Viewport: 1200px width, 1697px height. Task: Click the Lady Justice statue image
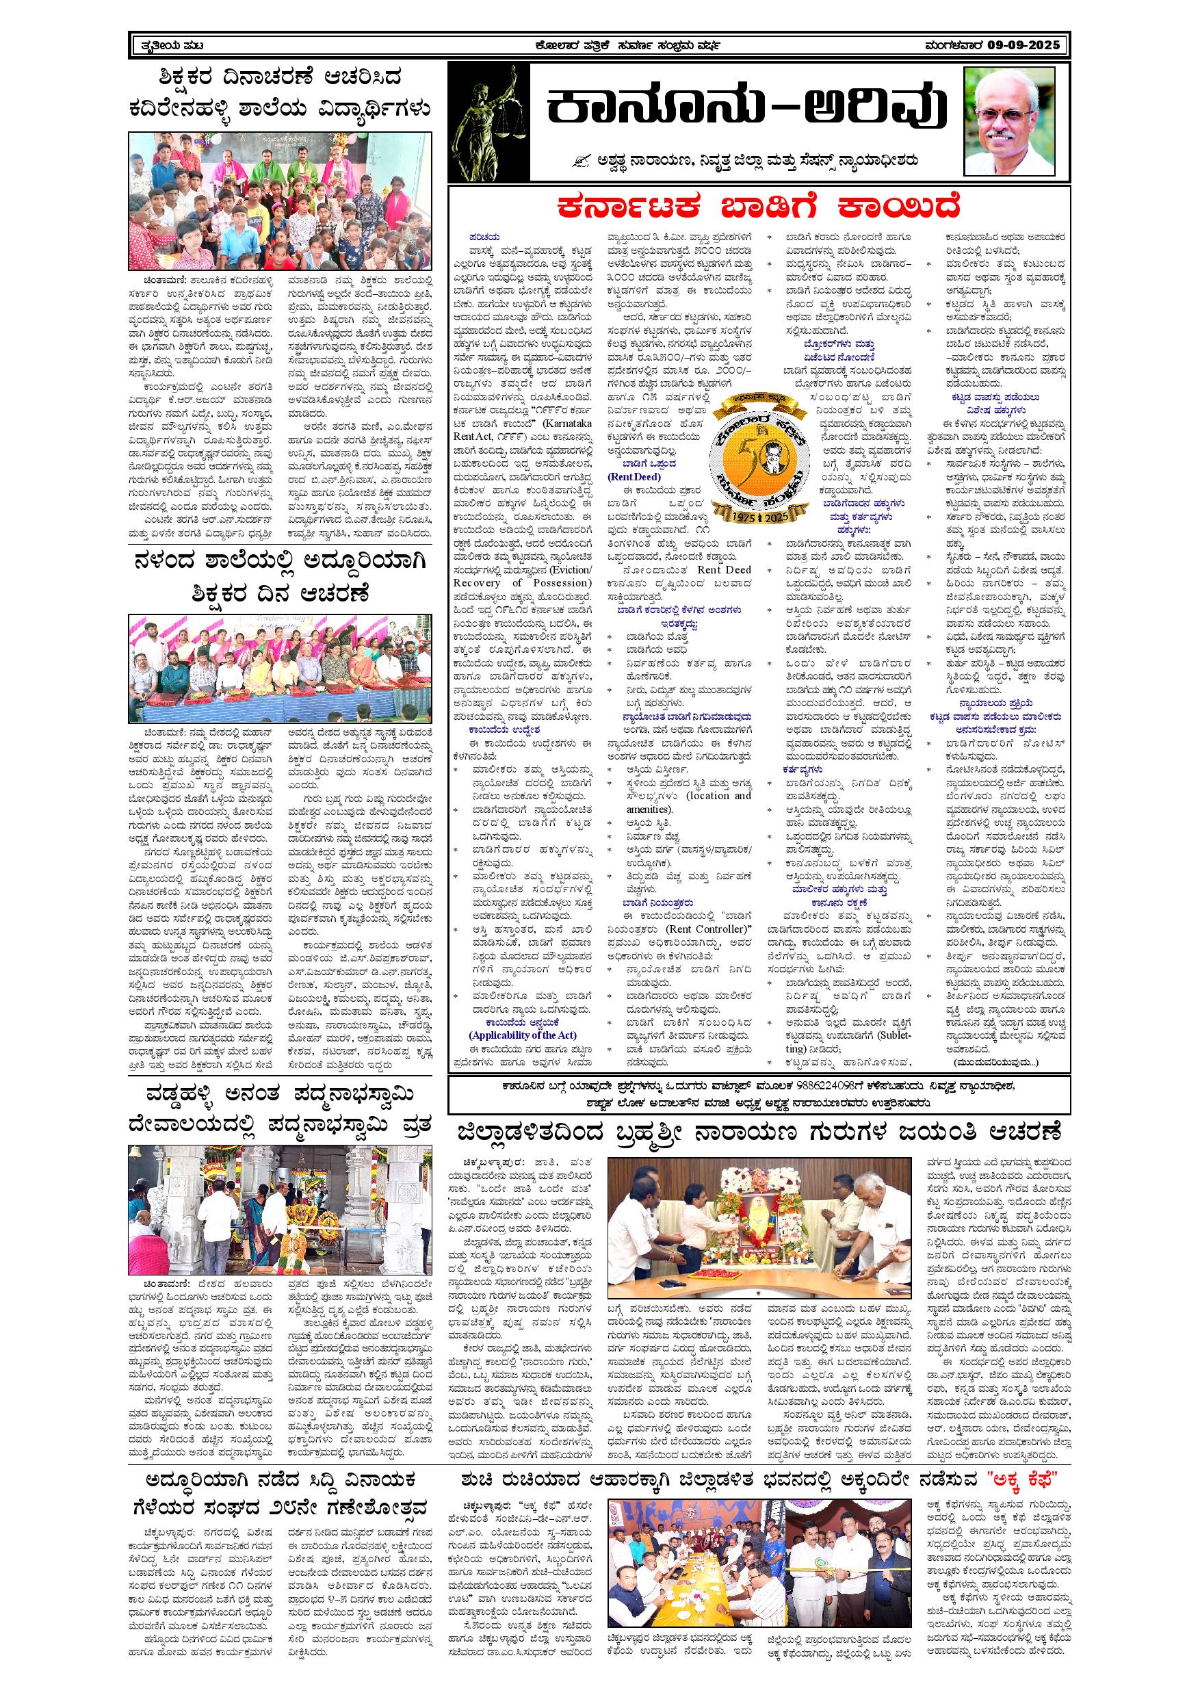point(488,121)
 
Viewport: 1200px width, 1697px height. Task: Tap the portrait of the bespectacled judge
point(1010,121)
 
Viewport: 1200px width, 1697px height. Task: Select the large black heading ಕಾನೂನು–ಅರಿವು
point(746,110)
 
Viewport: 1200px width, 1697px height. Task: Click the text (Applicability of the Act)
point(523,1035)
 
